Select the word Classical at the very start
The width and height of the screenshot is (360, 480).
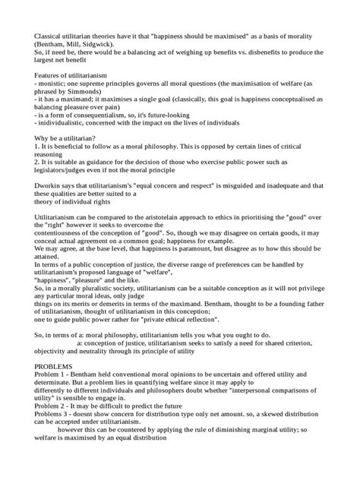tap(40, 34)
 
